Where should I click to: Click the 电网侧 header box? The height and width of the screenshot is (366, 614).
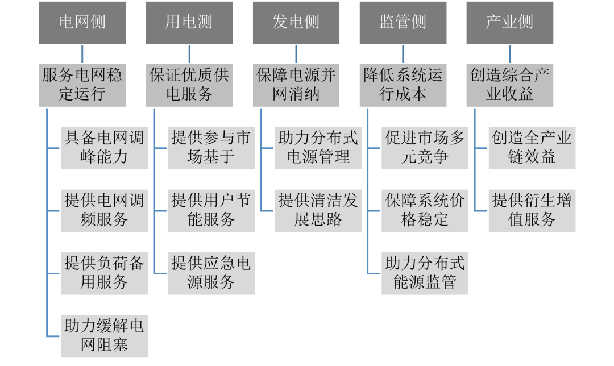click(x=82, y=23)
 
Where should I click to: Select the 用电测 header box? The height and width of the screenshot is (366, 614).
click(x=189, y=23)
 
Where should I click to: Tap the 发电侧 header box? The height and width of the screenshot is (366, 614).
click(x=296, y=23)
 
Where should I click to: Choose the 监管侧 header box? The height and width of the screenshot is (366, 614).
click(x=403, y=23)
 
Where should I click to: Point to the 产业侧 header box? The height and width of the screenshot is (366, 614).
click(x=509, y=23)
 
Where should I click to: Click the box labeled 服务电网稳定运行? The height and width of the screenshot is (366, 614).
click(x=82, y=85)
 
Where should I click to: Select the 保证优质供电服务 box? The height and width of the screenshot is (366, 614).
click(x=189, y=85)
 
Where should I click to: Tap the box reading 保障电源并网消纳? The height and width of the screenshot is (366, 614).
click(x=296, y=85)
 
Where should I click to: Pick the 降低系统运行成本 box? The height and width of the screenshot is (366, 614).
click(x=403, y=85)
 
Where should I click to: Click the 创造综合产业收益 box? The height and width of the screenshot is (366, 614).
click(x=509, y=85)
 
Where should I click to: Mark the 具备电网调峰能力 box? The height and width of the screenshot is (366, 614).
click(x=104, y=148)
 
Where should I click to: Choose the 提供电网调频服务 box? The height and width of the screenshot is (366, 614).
click(x=104, y=210)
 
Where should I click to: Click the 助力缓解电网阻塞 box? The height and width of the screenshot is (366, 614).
click(x=104, y=336)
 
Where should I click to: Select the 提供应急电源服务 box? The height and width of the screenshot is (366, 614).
click(x=211, y=273)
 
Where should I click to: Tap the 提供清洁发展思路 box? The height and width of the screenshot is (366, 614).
click(x=318, y=210)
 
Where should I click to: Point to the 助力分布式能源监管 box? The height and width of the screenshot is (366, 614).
click(x=425, y=273)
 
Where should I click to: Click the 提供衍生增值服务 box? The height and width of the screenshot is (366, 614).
click(x=532, y=210)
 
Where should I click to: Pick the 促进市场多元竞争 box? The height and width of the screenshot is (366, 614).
click(x=425, y=148)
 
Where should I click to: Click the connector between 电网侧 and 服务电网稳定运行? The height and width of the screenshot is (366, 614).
click(x=82, y=54)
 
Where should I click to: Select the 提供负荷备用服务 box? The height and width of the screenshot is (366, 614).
click(x=104, y=273)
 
